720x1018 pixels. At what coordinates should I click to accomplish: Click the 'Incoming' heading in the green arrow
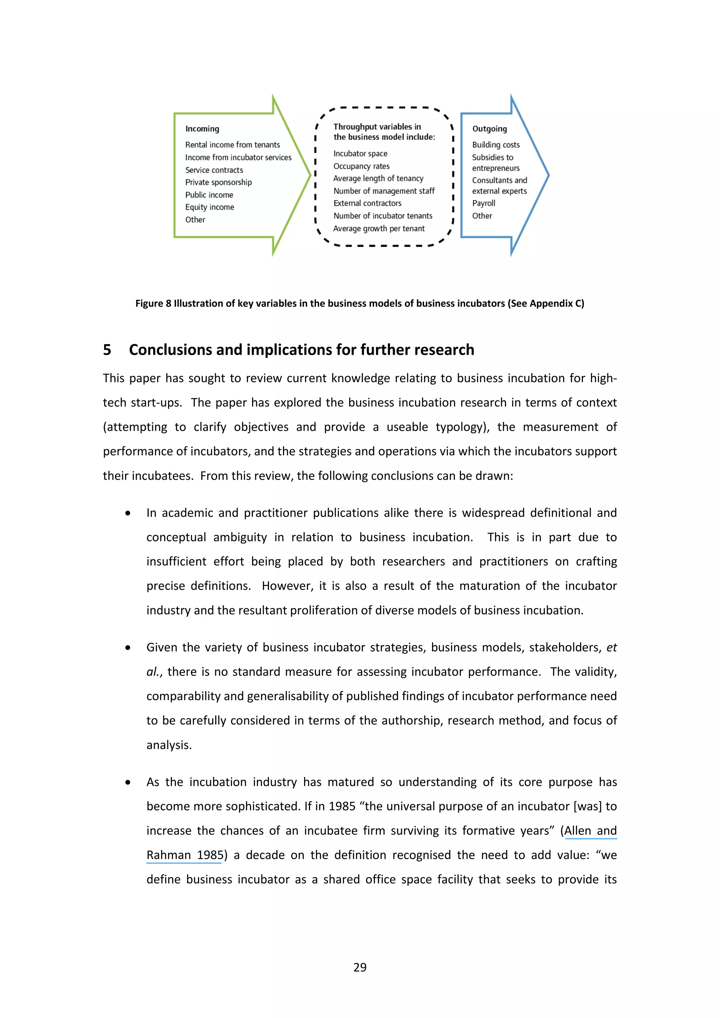pyautogui.click(x=202, y=129)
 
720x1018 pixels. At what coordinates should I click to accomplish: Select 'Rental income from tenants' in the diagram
pyautogui.click(x=232, y=144)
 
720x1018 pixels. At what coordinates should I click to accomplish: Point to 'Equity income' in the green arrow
pyautogui.click(x=209, y=207)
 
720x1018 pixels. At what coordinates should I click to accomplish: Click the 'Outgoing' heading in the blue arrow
pyautogui.click(x=489, y=129)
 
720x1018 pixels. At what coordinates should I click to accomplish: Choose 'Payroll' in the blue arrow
pyautogui.click(x=483, y=203)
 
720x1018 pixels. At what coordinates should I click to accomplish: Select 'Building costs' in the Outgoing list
pyautogui.click(x=495, y=144)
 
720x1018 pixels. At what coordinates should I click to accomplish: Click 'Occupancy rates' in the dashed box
pyautogui.click(x=361, y=166)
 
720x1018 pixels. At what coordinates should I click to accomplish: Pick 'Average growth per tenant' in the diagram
pyautogui.click(x=379, y=228)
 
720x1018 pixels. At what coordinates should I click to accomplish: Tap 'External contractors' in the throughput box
pyautogui.click(x=367, y=203)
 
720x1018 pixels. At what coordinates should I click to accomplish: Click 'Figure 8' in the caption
pyautogui.click(x=153, y=303)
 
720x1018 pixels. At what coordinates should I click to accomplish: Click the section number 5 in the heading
pyautogui.click(x=107, y=350)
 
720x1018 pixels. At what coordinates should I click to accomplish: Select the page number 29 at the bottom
pyautogui.click(x=360, y=967)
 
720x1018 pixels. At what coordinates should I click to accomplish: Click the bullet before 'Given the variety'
pyautogui.click(x=128, y=648)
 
